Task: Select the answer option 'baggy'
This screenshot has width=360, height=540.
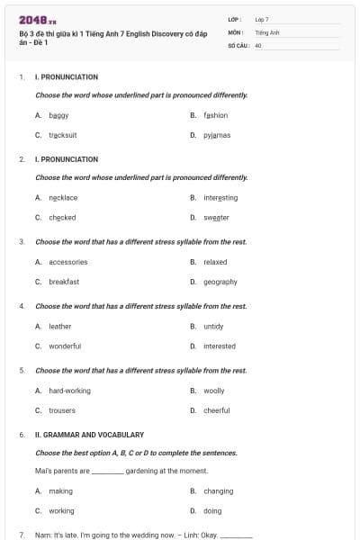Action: pos(59,115)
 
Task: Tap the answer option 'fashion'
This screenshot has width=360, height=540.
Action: pos(216,115)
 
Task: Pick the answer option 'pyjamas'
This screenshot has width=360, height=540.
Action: pos(217,135)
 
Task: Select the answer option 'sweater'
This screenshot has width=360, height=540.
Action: pos(217,217)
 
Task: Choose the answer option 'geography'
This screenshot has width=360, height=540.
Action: pos(220,282)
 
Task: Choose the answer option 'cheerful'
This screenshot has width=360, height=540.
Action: pos(217,410)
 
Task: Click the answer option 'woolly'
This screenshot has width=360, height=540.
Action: pos(214,391)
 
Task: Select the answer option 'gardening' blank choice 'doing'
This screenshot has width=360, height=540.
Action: pos(212,510)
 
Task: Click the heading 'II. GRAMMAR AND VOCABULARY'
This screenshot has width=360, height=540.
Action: pos(89,435)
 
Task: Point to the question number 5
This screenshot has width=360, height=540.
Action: pos(22,370)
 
